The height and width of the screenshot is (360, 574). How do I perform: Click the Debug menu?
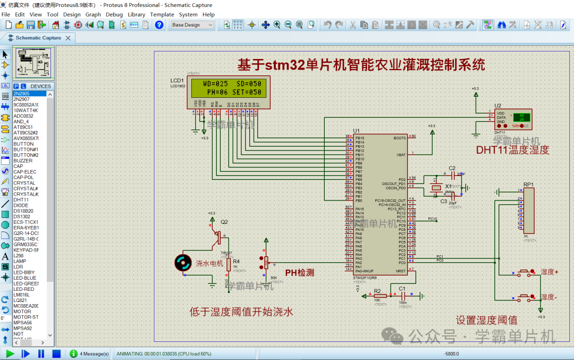(x=114, y=14)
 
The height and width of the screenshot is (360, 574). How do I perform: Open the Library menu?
(x=137, y=14)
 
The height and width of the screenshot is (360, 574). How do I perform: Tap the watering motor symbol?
(x=183, y=262)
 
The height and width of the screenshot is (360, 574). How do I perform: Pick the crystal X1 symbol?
(x=437, y=188)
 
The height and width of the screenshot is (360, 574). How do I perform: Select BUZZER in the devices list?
(x=23, y=161)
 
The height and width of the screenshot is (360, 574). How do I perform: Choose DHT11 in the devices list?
(x=21, y=200)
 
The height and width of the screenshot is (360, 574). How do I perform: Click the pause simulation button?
(x=41, y=354)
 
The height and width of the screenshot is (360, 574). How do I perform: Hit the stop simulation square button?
(x=56, y=354)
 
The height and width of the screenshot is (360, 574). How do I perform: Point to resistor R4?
(x=229, y=264)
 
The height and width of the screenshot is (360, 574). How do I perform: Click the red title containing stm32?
(x=361, y=65)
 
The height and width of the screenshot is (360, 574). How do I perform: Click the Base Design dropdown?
(x=192, y=25)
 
